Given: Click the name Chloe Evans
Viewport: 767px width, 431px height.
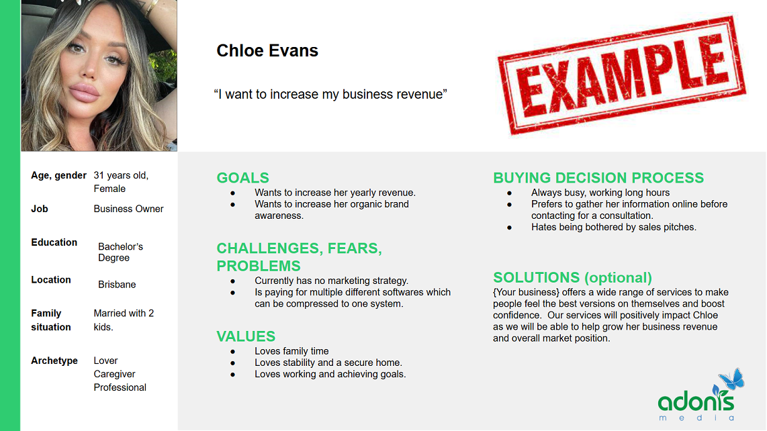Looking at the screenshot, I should (267, 50).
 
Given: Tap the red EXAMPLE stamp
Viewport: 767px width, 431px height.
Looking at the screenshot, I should (621, 75).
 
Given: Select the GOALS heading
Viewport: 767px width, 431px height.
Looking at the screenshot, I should (242, 178).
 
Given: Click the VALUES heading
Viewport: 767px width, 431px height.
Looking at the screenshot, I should (246, 336).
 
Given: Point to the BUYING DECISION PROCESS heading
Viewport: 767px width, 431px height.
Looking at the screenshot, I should (598, 178).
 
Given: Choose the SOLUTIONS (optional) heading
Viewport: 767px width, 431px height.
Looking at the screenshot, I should (572, 278).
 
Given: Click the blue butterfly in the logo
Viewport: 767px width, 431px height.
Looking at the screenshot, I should (731, 379).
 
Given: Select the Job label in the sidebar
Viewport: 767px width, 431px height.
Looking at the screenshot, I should (40, 209).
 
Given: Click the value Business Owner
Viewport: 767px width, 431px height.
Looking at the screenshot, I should (128, 209).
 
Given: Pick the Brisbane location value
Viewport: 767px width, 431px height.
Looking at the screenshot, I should (117, 285).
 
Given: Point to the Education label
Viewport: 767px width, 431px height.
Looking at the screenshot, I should (54, 242).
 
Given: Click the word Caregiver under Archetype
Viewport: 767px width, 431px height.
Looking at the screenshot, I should (114, 374).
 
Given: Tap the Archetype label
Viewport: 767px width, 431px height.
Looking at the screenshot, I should (54, 361).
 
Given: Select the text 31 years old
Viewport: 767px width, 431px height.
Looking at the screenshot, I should (121, 175).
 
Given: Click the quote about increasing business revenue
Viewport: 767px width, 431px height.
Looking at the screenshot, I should (330, 95).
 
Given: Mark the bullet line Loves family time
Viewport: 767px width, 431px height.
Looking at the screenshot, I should (291, 351).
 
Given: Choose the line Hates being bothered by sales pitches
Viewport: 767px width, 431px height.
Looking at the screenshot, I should (613, 227).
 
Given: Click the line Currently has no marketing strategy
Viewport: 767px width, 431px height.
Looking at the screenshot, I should (331, 281).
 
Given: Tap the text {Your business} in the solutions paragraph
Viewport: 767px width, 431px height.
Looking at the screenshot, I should (526, 292).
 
